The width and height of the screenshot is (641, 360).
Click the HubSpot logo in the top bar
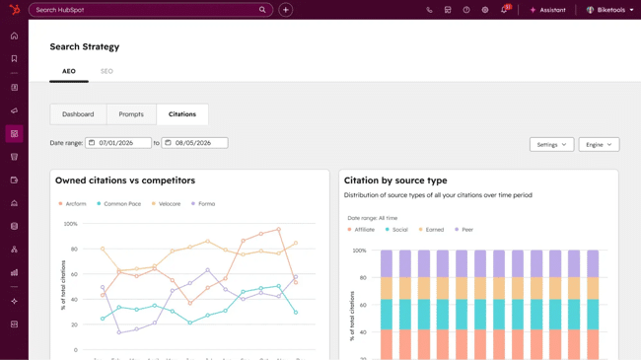click(14, 10)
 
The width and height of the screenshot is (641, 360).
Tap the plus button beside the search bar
click(286, 10)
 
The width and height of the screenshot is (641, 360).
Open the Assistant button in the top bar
click(547, 10)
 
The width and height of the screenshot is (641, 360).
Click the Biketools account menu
click(610, 10)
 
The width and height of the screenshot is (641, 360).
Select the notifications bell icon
click(504, 10)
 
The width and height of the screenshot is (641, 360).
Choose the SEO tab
click(107, 71)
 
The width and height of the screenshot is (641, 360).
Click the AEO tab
click(69, 71)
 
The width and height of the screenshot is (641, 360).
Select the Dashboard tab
click(78, 114)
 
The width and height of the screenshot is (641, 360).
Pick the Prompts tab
click(131, 114)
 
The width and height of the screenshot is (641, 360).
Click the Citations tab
click(182, 114)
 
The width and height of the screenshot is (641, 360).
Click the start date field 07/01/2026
click(118, 143)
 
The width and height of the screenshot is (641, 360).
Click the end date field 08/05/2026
click(194, 143)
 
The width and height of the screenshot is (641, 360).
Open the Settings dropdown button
click(551, 145)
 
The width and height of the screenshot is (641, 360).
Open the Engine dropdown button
click(599, 145)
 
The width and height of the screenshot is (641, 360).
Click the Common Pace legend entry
click(121, 204)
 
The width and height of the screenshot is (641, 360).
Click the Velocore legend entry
click(169, 204)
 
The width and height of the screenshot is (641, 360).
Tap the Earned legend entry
click(432, 230)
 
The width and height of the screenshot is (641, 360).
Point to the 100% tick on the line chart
click(70, 224)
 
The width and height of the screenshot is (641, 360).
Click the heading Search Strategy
click(85, 46)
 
